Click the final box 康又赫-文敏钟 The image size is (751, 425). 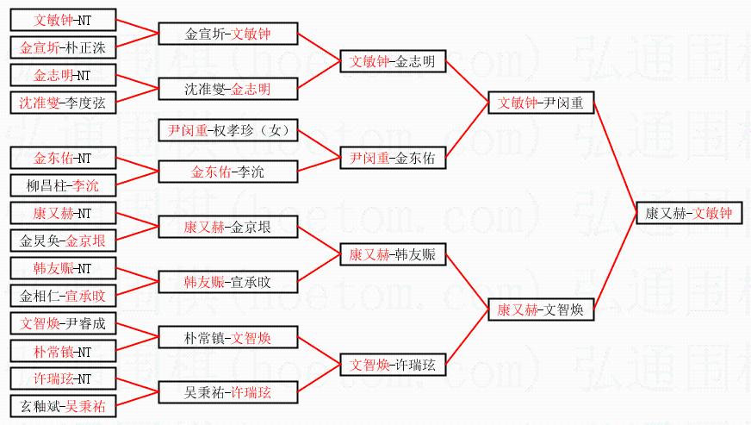pos(688,213)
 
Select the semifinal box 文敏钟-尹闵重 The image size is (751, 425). pos(540,103)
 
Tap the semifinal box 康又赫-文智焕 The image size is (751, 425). pos(540,309)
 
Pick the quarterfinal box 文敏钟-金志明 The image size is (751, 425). pos(393,62)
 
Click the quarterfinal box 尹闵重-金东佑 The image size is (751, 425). pos(393,159)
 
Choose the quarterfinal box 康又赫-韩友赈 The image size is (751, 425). pos(393,254)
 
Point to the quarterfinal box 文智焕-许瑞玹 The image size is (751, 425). pos(393,365)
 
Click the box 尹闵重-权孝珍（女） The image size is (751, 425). pos(228,131)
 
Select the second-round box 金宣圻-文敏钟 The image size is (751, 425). pos(228,34)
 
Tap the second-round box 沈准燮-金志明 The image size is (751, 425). pos(228,89)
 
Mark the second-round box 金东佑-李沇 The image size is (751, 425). pos(228,172)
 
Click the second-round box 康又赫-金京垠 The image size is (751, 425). pos(228,228)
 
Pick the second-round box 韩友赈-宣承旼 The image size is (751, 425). pos(228,281)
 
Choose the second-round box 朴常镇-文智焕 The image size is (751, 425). pos(228,337)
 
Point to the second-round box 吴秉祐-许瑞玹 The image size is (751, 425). pos(228,392)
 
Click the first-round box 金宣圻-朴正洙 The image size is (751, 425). pos(63,47)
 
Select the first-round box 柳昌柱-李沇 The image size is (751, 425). pos(63,184)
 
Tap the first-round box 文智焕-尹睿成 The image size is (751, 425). pos(63,324)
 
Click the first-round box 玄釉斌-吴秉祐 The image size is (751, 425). pos(63,406)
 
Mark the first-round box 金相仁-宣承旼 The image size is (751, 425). pos(63,296)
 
